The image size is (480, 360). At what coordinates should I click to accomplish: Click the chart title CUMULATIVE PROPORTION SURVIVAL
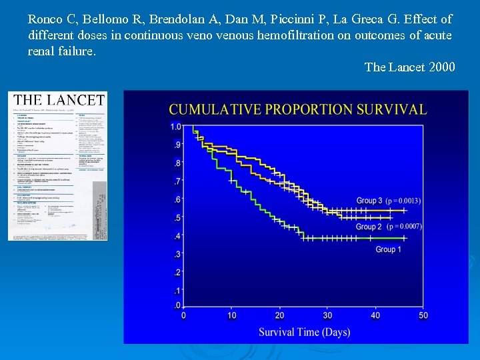297,109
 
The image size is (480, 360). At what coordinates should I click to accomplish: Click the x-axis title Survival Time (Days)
304,331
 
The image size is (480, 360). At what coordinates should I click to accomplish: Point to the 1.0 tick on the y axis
175,127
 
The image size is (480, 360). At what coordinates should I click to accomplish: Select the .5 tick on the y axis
177,218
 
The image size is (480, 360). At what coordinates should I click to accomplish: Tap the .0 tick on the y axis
177,306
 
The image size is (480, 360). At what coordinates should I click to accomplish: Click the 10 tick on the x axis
231,315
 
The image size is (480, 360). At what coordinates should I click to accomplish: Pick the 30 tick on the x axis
327,315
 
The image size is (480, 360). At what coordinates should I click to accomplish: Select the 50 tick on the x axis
423,315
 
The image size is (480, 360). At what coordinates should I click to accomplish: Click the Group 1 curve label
388,249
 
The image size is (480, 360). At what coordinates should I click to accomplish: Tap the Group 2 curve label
369,227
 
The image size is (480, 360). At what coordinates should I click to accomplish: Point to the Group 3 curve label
369,201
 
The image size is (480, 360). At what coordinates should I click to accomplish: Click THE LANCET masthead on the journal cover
59,101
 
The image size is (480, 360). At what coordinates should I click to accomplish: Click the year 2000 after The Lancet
442,67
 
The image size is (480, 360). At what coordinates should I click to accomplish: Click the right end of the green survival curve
405,238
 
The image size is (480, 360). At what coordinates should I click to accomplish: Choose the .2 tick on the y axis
177,273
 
